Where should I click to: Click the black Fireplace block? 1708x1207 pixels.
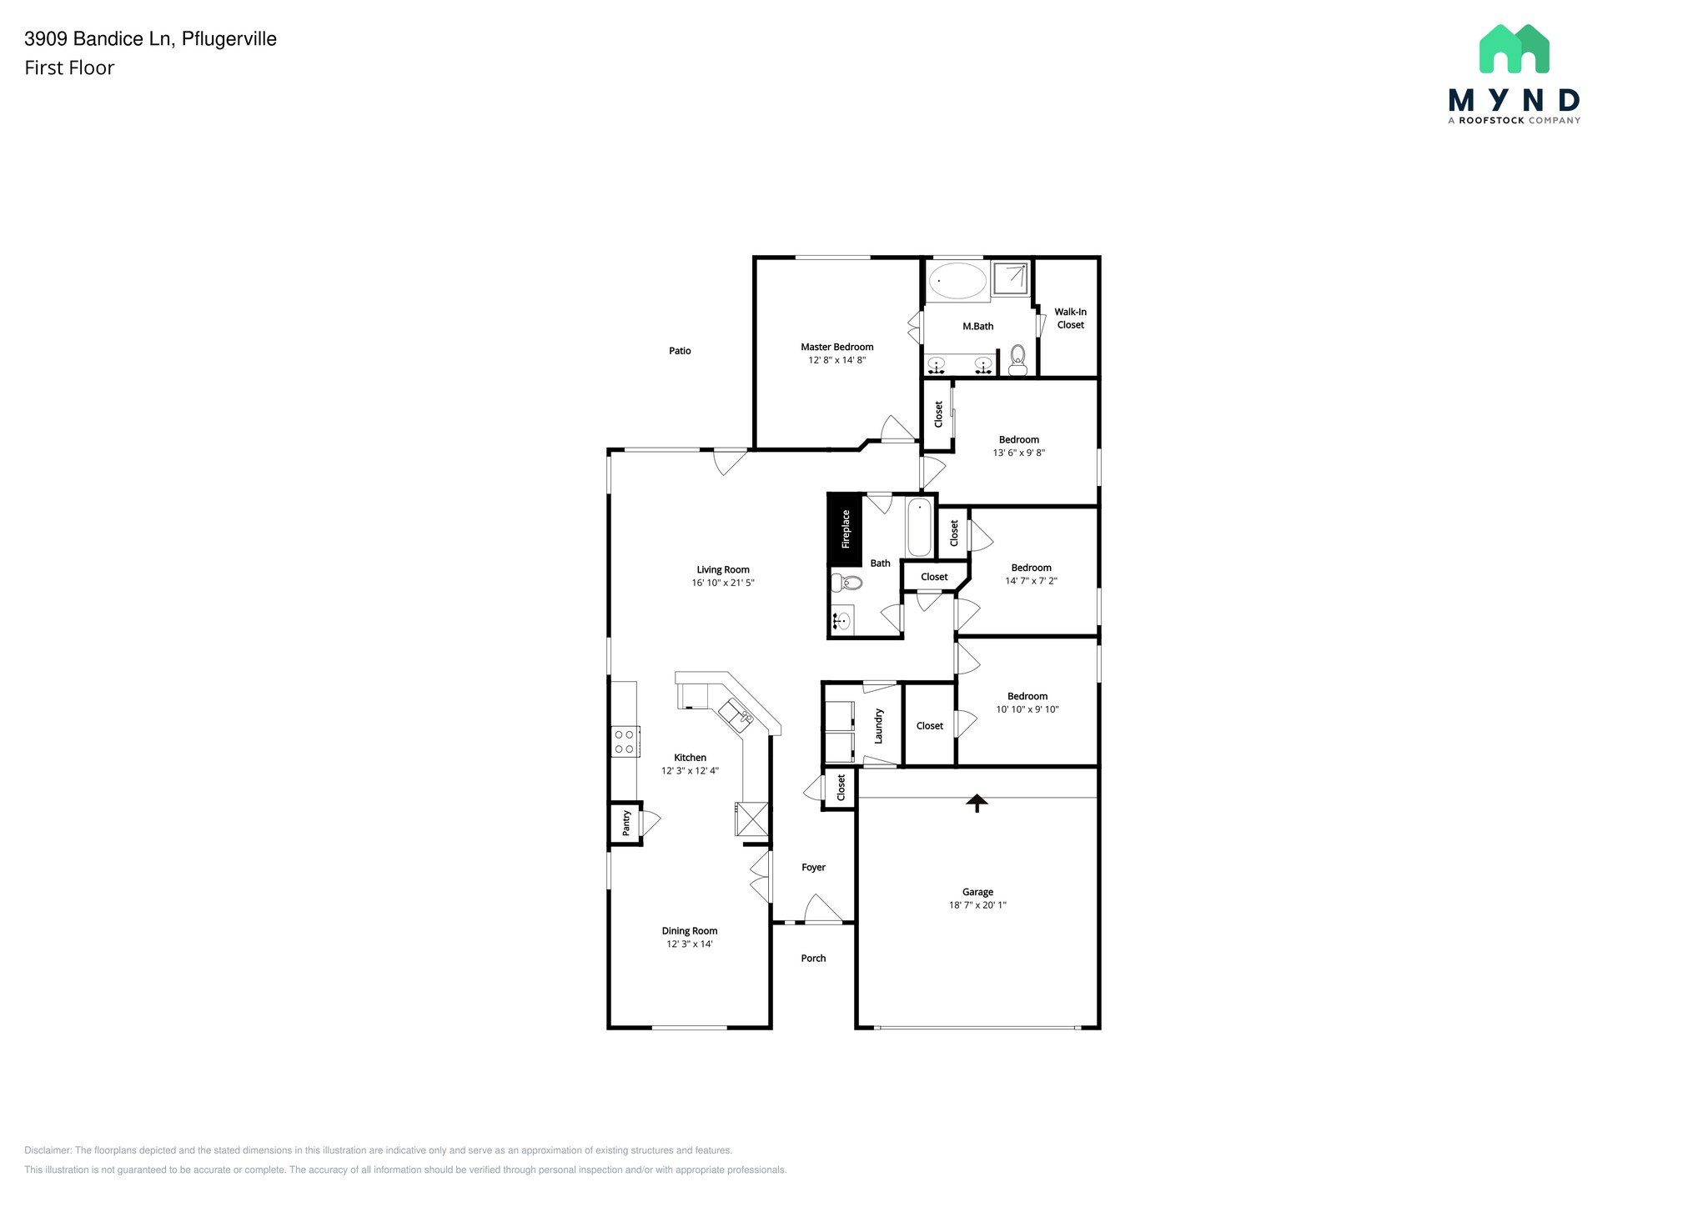(844, 529)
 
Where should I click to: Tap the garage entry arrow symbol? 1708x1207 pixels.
(977, 803)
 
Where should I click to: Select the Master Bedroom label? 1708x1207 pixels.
(836, 347)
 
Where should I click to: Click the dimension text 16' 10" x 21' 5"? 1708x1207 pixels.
(722, 583)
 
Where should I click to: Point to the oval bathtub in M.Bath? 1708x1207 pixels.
(957, 281)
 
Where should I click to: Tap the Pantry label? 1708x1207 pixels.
(626, 824)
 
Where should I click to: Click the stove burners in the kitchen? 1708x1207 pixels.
(624, 742)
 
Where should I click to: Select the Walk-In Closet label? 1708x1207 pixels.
(1070, 318)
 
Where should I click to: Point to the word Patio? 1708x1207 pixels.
(680, 351)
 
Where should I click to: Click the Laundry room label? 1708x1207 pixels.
(878, 725)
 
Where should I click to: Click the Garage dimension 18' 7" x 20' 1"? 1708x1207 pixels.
(977, 905)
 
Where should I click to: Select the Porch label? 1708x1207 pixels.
(813, 959)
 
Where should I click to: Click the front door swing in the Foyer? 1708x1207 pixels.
(821, 909)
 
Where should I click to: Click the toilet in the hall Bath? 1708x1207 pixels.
(846, 582)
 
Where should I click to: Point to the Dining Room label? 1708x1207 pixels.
(690, 931)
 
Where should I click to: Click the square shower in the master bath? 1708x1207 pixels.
(1010, 278)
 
